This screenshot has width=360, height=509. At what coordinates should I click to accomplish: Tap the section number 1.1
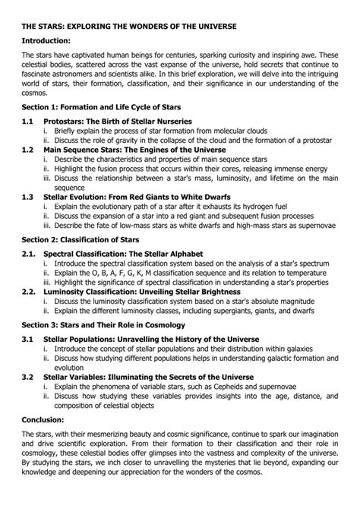[x=28, y=122]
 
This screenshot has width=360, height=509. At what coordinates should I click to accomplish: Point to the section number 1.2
[x=28, y=150]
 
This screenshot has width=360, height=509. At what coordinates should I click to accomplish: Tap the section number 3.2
[x=28, y=375]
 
